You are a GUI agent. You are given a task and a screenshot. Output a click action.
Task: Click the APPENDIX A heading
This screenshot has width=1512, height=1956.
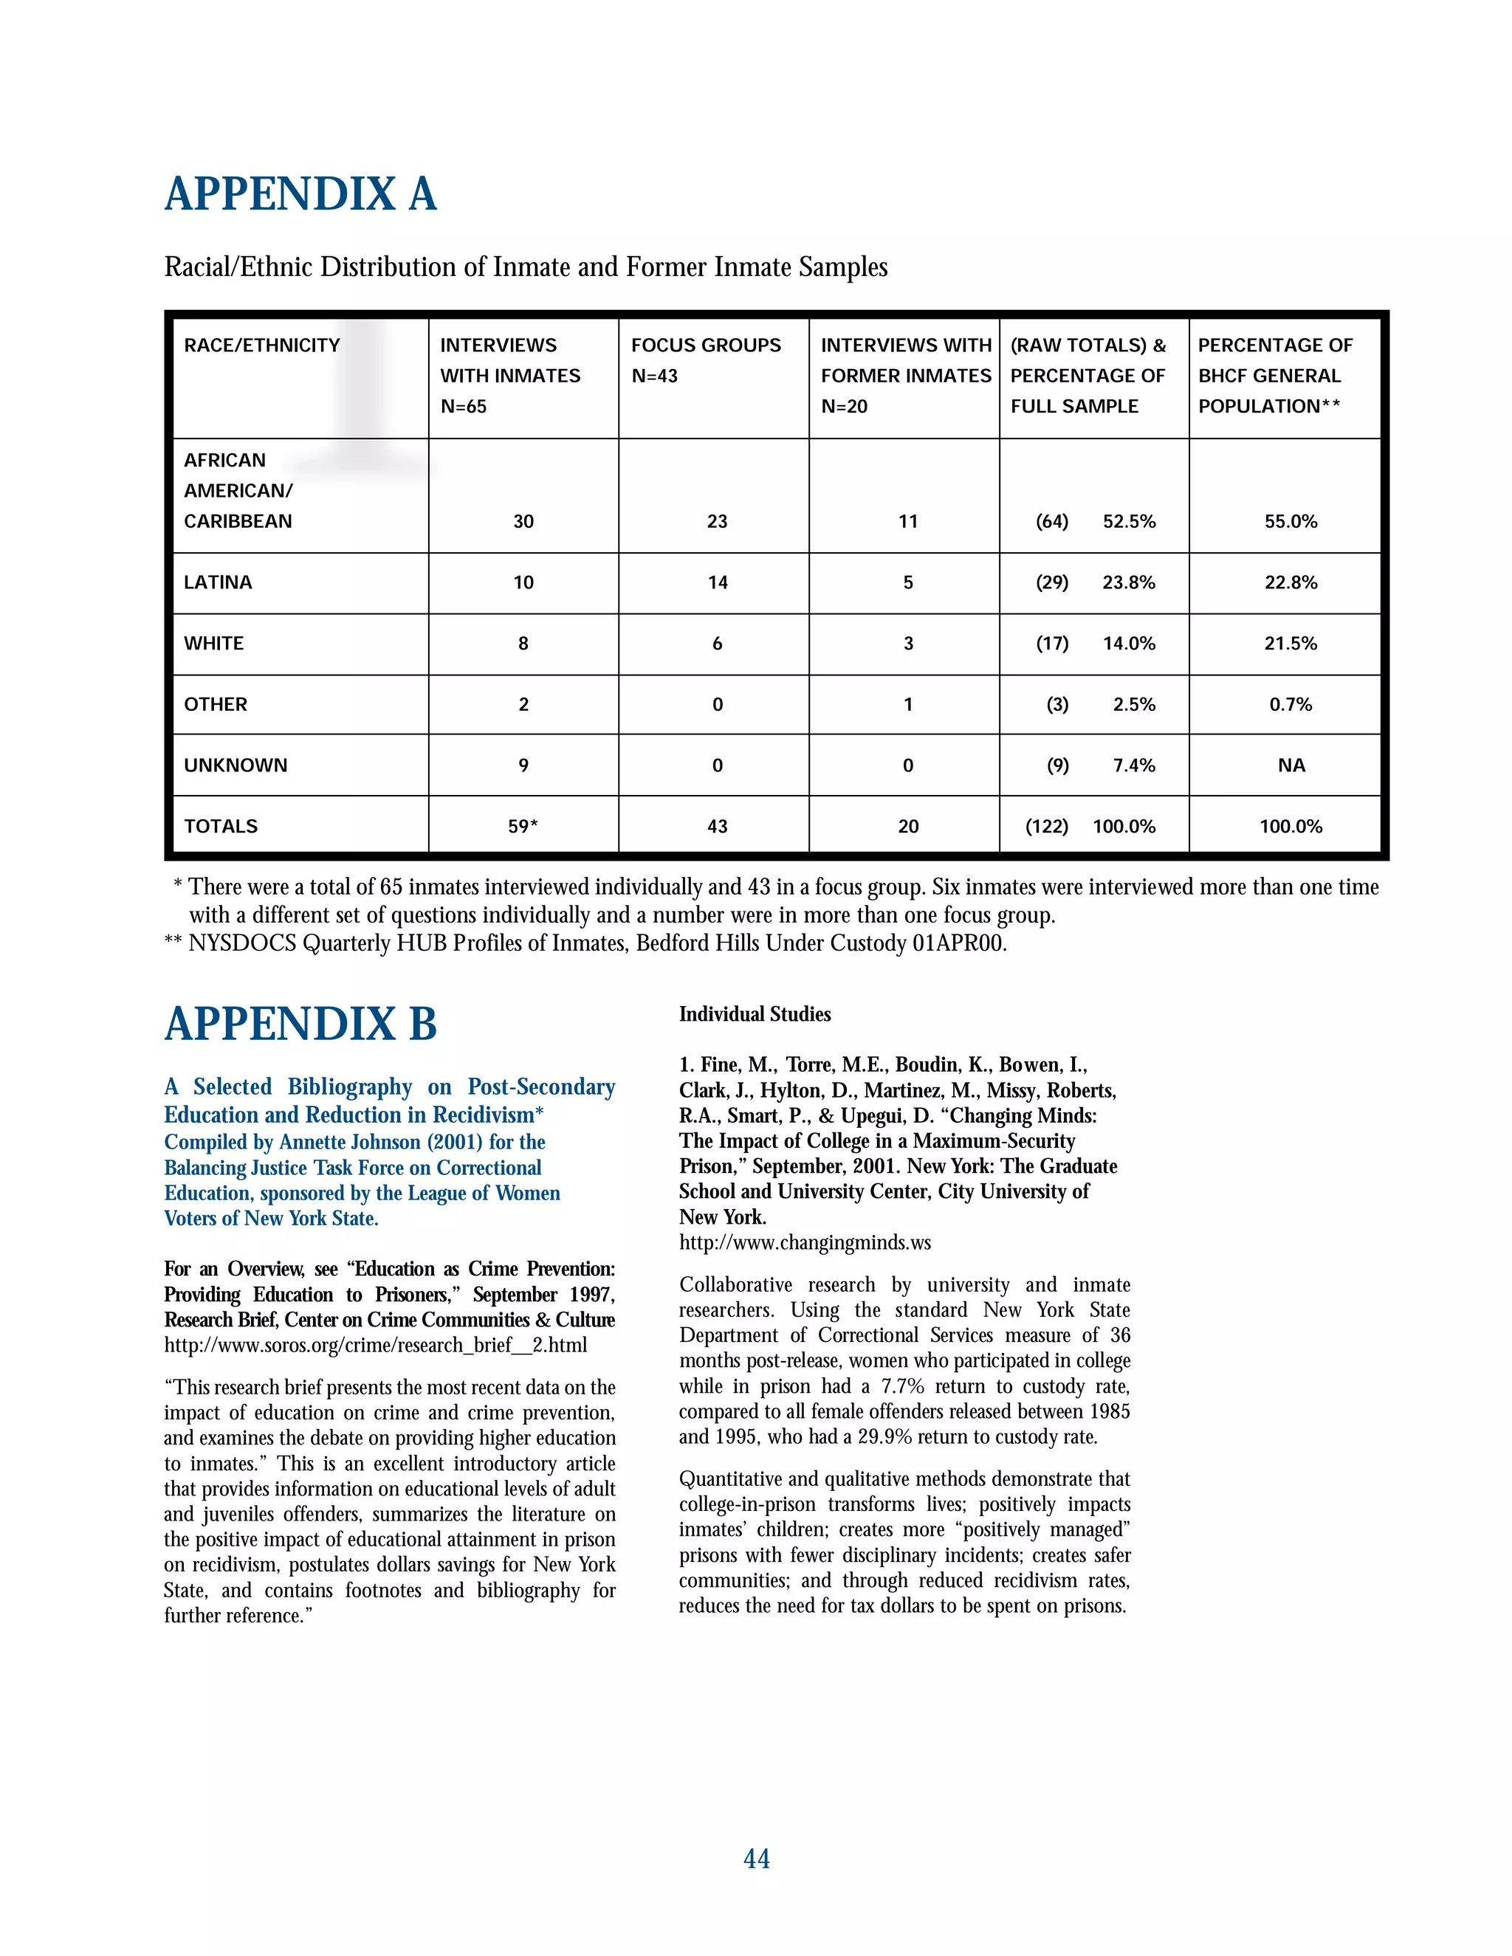300,194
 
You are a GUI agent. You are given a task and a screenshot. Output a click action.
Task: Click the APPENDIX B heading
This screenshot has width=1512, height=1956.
300,1024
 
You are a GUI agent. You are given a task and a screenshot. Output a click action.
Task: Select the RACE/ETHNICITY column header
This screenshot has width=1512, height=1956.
261,345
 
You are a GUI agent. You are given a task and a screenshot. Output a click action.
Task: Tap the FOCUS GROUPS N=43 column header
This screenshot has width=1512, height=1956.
705,360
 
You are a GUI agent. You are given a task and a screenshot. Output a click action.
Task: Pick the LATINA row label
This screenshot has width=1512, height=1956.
218,582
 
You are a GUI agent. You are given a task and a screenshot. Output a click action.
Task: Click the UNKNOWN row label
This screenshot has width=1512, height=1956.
236,765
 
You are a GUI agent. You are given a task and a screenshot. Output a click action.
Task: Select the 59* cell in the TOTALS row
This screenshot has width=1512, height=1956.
523,826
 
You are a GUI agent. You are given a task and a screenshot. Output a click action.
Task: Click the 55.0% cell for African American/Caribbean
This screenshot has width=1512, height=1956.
1290,521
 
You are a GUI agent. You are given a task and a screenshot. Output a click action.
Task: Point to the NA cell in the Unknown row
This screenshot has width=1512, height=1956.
1291,765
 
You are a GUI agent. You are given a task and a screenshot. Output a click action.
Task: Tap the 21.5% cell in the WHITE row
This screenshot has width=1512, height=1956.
1290,643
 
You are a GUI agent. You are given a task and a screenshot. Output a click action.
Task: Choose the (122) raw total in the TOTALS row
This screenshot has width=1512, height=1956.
1046,826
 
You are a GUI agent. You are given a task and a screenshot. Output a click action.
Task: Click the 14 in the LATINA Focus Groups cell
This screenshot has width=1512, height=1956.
718,582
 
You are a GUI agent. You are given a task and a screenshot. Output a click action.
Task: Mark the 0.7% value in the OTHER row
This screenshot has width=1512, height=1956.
1290,704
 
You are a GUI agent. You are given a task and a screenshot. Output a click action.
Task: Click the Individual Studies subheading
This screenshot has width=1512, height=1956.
755,1014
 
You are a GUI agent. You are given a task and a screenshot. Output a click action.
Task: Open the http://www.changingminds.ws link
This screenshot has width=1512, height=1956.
805,1242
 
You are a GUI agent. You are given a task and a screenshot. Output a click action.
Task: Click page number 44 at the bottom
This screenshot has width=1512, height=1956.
756,1859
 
